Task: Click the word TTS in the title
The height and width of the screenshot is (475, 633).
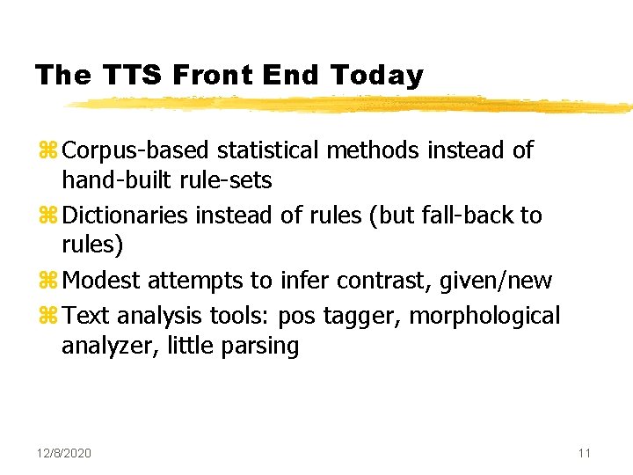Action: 131,76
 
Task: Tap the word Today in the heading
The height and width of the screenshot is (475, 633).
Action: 377,77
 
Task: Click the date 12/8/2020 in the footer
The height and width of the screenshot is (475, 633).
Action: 64,453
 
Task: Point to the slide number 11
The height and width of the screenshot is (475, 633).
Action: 585,453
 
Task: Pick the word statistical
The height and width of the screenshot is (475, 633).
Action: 270,151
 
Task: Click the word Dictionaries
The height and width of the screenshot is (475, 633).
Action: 127,216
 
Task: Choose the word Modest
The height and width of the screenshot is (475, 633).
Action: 103,281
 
